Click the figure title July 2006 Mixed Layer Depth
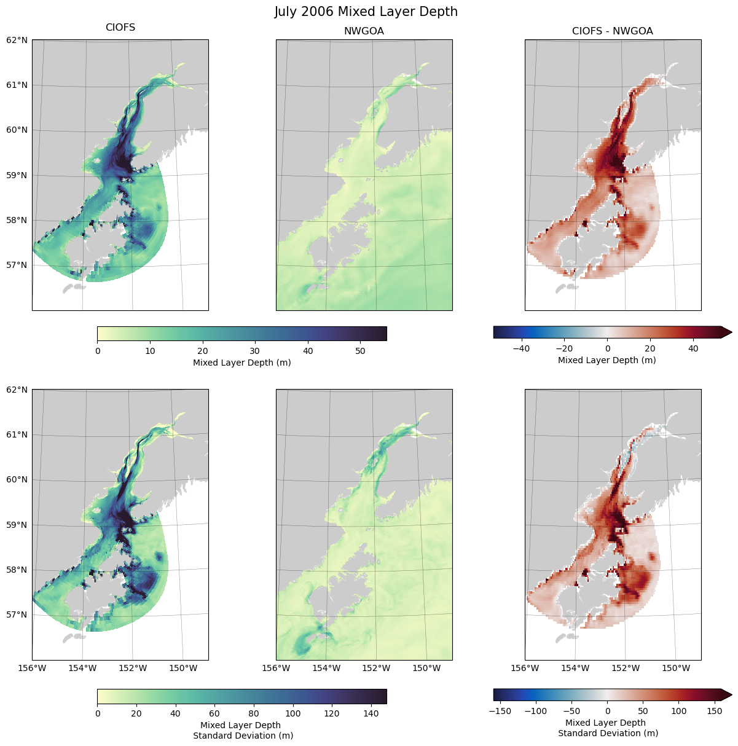(366, 12)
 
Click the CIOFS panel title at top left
(120, 28)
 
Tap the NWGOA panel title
(364, 31)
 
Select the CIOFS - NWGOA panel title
(612, 31)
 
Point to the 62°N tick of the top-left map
(18, 40)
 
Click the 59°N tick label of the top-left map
(18, 175)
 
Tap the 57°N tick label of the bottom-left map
(18, 614)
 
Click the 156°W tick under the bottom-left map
(33, 668)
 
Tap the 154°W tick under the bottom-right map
(576, 668)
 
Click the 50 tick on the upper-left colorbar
(360, 351)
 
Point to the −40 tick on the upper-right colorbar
(521, 348)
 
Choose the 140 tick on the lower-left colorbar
(371, 713)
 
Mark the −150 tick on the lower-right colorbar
(502, 711)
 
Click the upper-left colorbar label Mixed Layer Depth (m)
(242, 363)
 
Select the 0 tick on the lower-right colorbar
(607, 711)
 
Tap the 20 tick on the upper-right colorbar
(650, 348)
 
